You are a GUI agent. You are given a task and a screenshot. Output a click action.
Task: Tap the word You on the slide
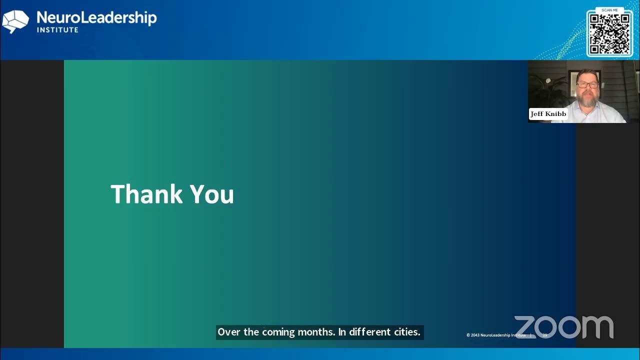(x=212, y=194)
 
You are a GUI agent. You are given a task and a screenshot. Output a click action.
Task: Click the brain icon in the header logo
(x=15, y=21)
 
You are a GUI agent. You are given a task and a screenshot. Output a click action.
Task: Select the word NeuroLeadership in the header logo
(x=96, y=18)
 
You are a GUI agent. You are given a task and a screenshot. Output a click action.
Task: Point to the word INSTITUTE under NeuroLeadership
(x=57, y=30)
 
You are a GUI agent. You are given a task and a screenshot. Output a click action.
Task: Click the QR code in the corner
(x=609, y=34)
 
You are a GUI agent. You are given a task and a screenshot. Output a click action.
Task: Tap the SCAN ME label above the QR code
(x=609, y=10)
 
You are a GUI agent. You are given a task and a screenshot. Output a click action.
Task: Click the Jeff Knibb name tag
(x=548, y=114)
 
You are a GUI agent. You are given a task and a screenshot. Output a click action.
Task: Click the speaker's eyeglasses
(x=587, y=85)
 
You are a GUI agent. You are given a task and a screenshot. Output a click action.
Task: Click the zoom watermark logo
(x=563, y=327)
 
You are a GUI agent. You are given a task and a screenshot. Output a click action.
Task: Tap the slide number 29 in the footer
(x=545, y=335)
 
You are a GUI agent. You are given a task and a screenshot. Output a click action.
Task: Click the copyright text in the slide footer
(x=496, y=335)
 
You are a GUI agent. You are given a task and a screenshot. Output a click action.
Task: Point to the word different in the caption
(x=369, y=332)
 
